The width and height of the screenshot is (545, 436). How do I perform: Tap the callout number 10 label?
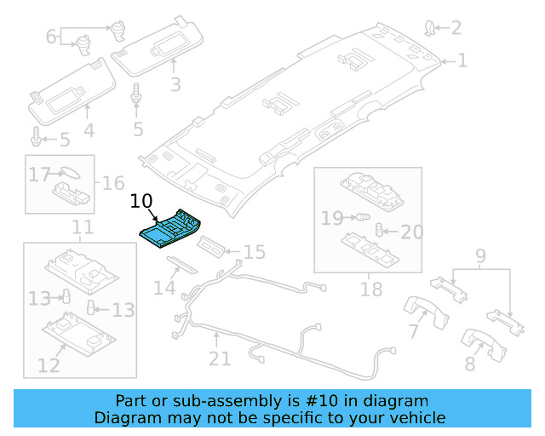pyautogui.click(x=141, y=201)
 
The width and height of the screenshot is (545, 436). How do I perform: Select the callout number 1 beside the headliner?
pyautogui.click(x=462, y=60)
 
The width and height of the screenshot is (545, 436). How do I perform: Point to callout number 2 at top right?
pyautogui.click(x=456, y=28)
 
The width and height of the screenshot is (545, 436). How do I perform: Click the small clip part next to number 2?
pyautogui.click(x=432, y=30)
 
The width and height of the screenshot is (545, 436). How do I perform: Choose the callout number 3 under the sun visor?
pyautogui.click(x=175, y=84)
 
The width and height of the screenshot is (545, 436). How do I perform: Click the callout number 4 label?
pyautogui.click(x=89, y=130)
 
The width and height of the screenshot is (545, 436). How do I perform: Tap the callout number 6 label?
pyautogui.click(x=51, y=37)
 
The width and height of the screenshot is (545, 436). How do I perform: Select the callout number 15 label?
pyautogui.click(x=254, y=252)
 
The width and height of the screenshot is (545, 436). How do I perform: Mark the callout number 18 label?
pyautogui.click(x=371, y=290)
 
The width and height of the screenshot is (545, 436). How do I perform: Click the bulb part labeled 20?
pyautogui.click(x=381, y=231)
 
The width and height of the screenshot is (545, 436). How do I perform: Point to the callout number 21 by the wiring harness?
pyautogui.click(x=220, y=359)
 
